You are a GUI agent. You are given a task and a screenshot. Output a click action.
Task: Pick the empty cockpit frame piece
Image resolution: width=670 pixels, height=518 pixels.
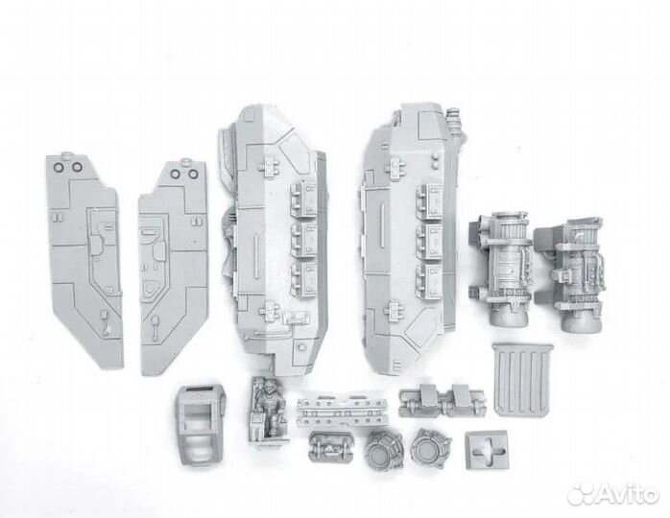point(201,416)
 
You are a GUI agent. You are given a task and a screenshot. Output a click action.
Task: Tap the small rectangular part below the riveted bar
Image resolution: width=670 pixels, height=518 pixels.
point(329,449)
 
